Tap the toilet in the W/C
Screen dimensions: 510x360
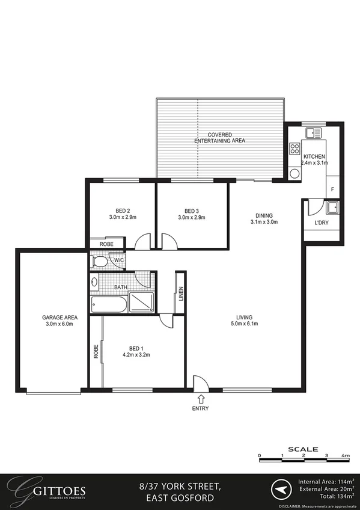click(100, 261)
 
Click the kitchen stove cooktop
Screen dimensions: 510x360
click(295, 149)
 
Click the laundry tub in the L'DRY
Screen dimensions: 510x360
click(332, 209)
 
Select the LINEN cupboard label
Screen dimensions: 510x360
click(180, 295)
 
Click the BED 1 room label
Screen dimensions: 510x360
click(136, 348)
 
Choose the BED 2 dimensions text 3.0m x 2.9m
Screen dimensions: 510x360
click(123, 217)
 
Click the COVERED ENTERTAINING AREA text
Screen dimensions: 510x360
click(219, 138)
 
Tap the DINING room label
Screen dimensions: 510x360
click(264, 215)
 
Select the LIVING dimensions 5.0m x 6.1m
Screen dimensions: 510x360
click(244, 324)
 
